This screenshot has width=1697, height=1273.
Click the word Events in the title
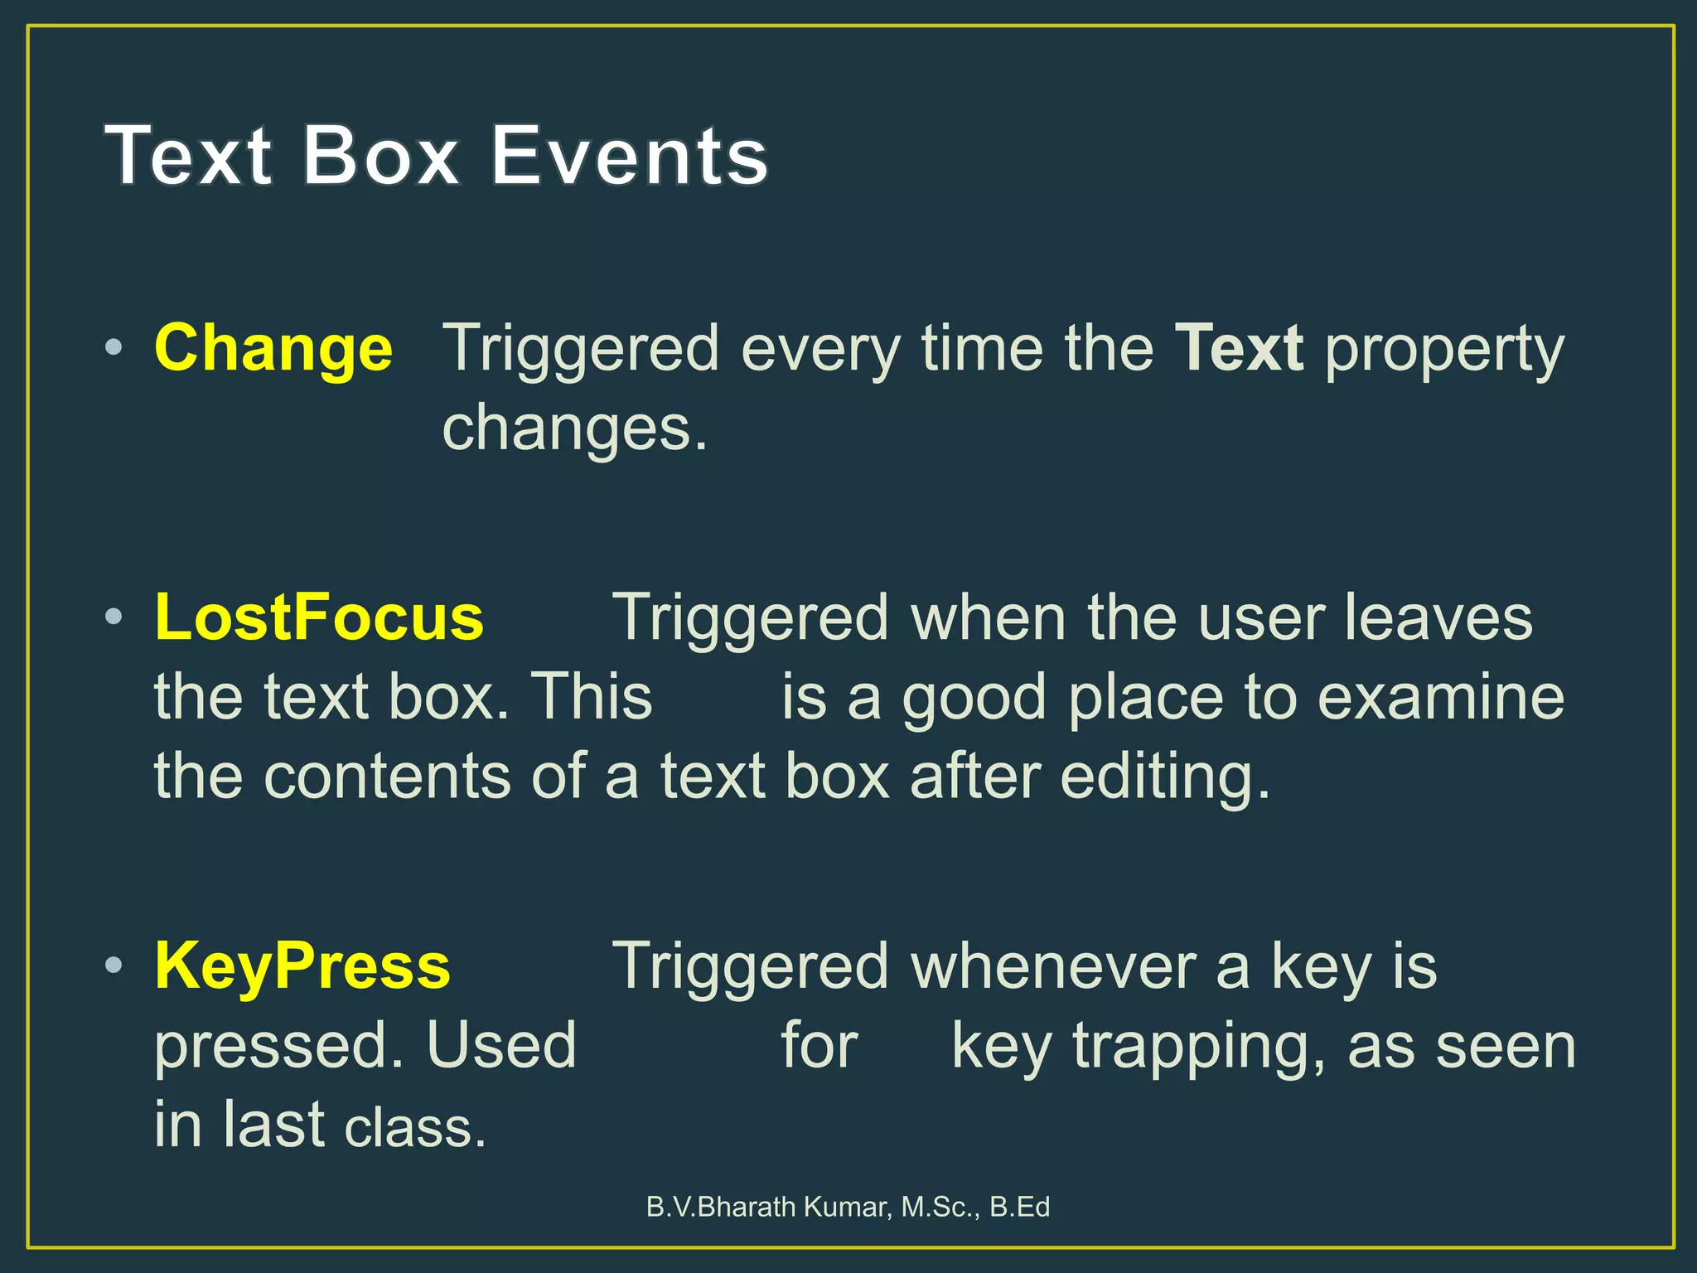629,156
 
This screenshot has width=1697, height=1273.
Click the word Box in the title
380,156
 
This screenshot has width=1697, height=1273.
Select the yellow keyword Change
273,348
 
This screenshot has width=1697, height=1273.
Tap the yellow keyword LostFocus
319,617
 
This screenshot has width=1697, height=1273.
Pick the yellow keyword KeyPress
302,966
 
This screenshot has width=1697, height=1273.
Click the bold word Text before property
1239,348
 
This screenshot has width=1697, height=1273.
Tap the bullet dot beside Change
114,347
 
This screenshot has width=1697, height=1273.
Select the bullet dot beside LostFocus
114,616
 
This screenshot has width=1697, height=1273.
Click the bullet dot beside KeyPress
114,965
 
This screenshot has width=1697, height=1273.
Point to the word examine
1441,697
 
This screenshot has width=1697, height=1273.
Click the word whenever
1053,966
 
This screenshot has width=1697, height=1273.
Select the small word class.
415,1127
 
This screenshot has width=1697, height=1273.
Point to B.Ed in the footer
1020,1207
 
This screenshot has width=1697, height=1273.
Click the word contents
387,777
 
